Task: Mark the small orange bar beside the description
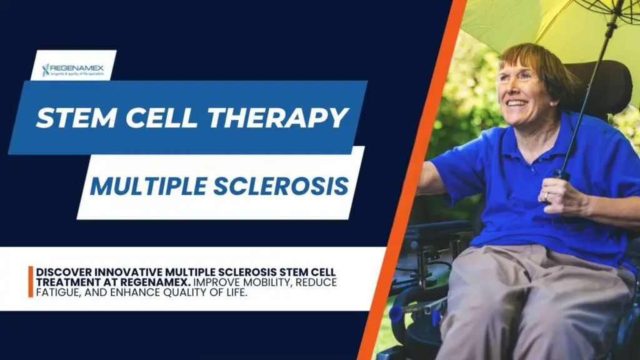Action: tap(30, 282)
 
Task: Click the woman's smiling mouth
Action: tap(516, 102)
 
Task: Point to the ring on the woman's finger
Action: tap(546, 197)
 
